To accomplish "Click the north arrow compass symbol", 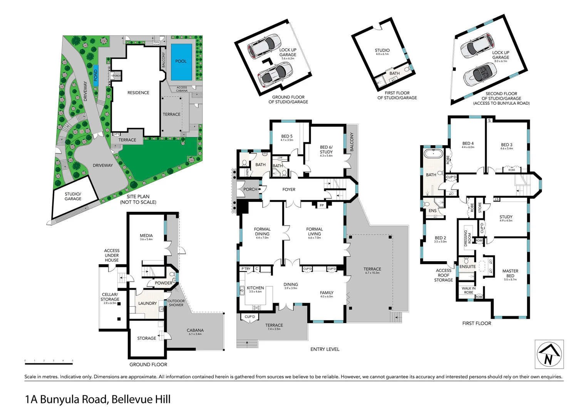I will pyautogui.click(x=549, y=354).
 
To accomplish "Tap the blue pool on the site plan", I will pyautogui.click(x=181, y=61).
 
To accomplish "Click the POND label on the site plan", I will pyautogui.click(x=95, y=75).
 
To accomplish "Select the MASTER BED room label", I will pyautogui.click(x=510, y=273).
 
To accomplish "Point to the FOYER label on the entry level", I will pyautogui.click(x=289, y=190).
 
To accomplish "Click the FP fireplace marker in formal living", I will pyautogui.click(x=322, y=205).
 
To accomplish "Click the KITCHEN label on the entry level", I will pyautogui.click(x=255, y=288).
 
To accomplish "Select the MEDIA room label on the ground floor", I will pyautogui.click(x=146, y=235).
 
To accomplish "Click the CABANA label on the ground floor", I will pyautogui.click(x=195, y=330).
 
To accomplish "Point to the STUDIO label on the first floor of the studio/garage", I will pyautogui.click(x=382, y=50).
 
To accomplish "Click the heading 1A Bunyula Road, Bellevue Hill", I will pyautogui.click(x=98, y=399).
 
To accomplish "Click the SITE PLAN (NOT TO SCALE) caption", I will pyautogui.click(x=138, y=199).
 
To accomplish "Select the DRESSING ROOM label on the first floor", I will pyautogui.click(x=467, y=238).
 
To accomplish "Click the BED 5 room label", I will pyautogui.click(x=287, y=136).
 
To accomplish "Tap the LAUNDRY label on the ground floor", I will pyautogui.click(x=147, y=304).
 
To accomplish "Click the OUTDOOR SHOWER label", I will pyautogui.click(x=176, y=303).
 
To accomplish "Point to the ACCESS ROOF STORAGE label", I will pyautogui.click(x=444, y=275).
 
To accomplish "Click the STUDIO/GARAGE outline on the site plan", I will pyautogui.click(x=73, y=196).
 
